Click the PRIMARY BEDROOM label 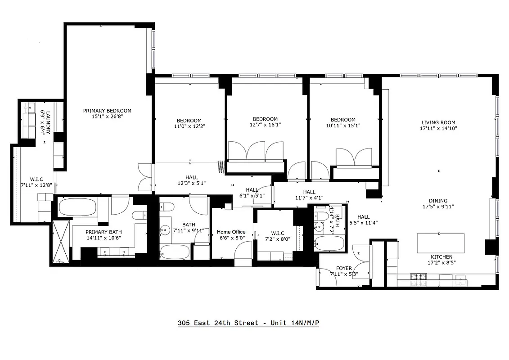[107, 111]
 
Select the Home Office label [231, 232]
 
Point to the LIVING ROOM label [438, 122]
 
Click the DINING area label [438, 201]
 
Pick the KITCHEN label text [441, 257]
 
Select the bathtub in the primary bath [77, 208]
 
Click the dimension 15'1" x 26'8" [107, 117]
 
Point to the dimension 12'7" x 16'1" [265, 125]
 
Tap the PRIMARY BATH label [104, 232]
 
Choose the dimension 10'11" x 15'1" [343, 126]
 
